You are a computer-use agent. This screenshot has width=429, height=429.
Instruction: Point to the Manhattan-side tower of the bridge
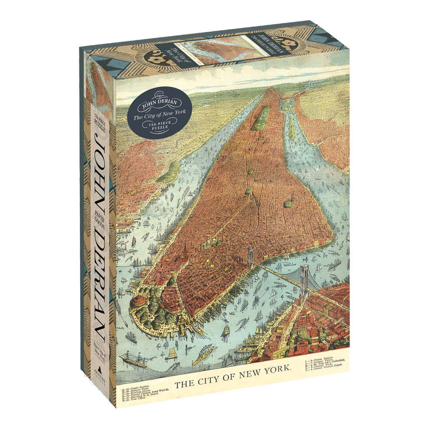coord(251,257)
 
